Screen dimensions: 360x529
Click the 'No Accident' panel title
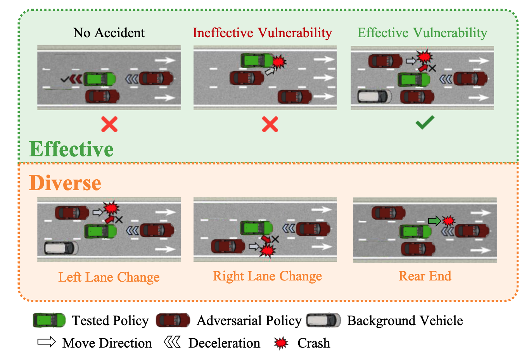pos(109,33)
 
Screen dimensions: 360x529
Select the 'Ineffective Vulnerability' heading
pos(262,33)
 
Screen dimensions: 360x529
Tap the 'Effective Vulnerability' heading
pos(422,33)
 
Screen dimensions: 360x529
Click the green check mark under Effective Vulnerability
pos(425,123)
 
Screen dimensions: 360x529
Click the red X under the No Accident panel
pos(109,124)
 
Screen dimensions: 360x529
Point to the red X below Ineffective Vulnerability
pos(270,124)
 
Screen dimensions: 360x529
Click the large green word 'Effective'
pos(71,149)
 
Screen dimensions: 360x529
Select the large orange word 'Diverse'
pos(65,183)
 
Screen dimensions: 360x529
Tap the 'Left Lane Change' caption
pos(109,277)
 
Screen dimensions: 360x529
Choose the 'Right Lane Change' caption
pos(267,276)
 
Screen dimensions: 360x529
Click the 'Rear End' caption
pos(425,276)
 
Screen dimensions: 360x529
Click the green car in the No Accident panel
pos(99,79)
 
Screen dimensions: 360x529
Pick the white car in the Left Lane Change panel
pos(61,248)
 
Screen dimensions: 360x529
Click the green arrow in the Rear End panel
pos(434,221)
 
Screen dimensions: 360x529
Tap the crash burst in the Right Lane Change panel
pos(267,251)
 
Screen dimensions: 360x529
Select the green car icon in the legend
pos(49,320)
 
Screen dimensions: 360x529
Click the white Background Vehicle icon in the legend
pos(323,320)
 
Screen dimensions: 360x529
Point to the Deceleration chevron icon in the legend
pos(172,342)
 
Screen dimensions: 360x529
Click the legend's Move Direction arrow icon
pos(47,342)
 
